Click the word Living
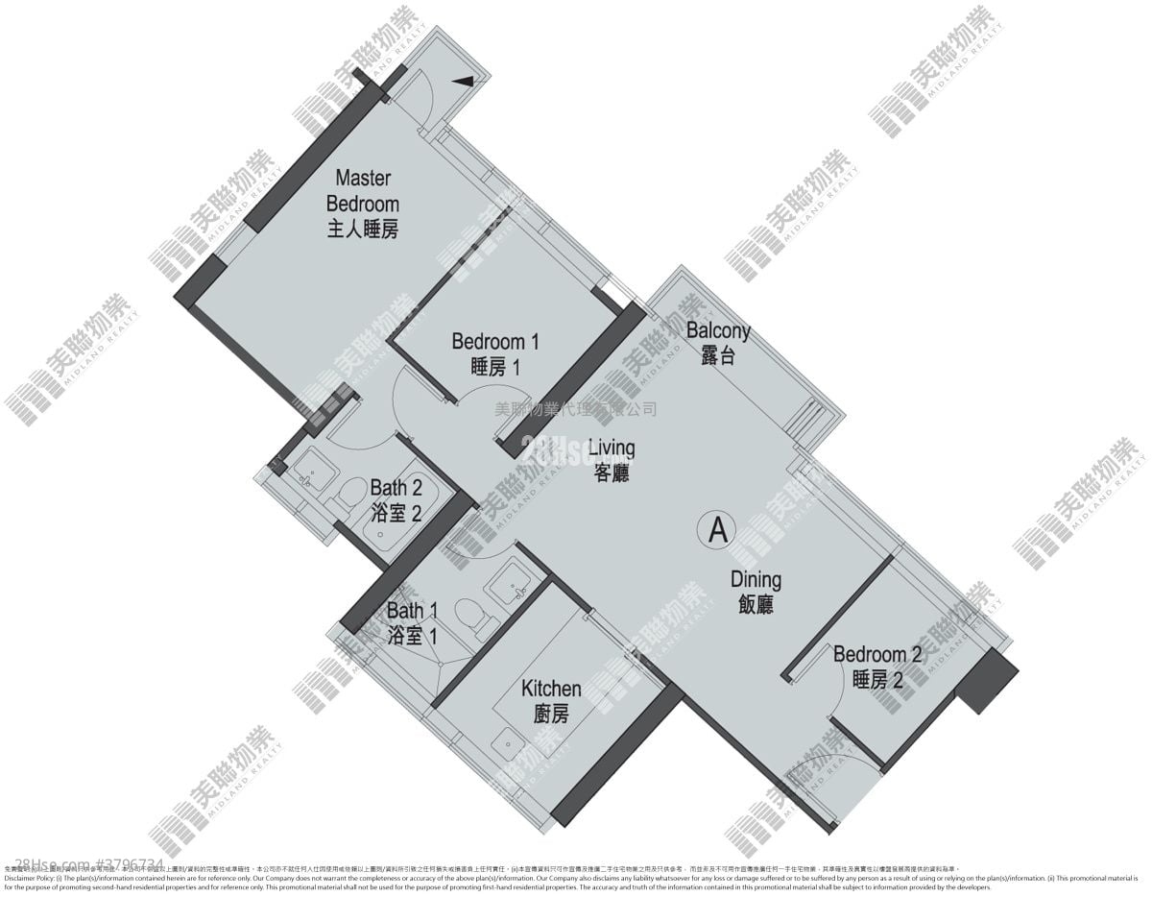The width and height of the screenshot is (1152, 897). pos(612,448)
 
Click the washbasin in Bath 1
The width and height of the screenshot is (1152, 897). pos(505,584)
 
